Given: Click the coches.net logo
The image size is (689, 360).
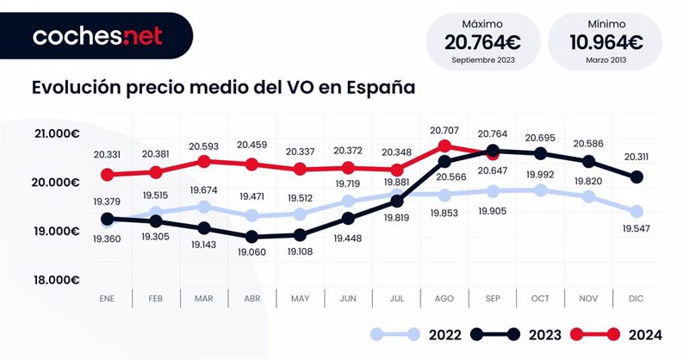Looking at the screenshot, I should coord(96,36).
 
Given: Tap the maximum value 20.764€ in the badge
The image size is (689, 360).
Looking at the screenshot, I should coord(481,41).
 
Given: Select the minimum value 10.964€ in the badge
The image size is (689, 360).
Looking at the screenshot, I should coord(605,41).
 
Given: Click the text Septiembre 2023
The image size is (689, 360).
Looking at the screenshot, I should coord(481,61).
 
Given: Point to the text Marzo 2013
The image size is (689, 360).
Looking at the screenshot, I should coord(605,61).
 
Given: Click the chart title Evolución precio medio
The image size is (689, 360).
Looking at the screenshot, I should coord(223,89).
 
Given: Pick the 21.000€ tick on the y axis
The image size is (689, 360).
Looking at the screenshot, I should coord(58,133).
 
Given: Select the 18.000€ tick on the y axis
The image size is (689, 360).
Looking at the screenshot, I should coord(58,280).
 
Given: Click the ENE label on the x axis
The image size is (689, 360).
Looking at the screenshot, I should coord(108,298).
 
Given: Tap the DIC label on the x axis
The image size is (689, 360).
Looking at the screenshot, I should coord(636,298).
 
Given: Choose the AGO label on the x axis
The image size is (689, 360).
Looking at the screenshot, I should coord(444,298).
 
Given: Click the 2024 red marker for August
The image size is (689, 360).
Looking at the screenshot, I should coord(444,146).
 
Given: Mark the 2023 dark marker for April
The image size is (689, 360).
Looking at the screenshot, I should coord(251,236).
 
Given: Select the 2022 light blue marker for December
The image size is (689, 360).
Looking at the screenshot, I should coord(636,211).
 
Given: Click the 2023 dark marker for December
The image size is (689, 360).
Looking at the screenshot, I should coord(636,177).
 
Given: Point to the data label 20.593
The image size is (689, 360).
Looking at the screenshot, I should coord(203,146).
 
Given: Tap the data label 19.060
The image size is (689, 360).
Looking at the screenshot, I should coord(251,251).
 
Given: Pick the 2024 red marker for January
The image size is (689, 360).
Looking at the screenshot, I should coord(108,175).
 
